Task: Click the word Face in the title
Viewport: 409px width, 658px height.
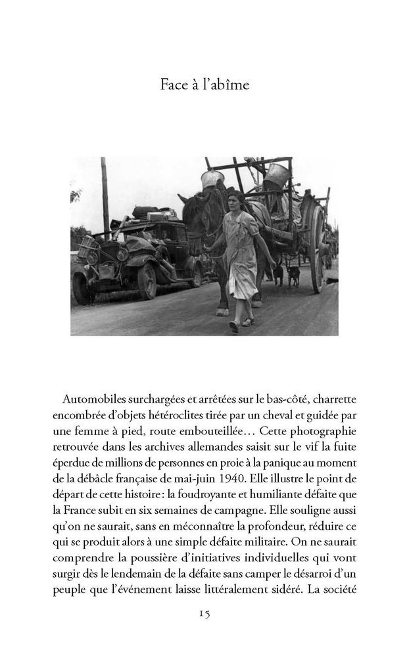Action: pyautogui.click(x=173, y=85)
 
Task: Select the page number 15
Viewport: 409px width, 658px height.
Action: pyautogui.click(x=204, y=613)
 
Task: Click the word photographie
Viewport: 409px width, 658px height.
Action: pyautogui.click(x=324, y=431)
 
